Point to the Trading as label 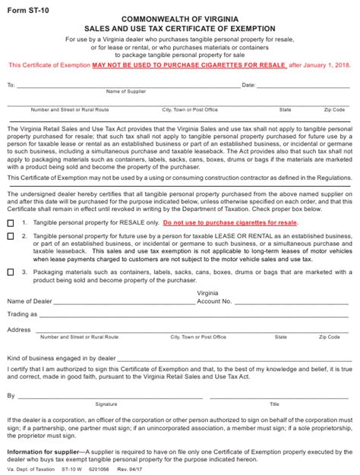tap(22, 313)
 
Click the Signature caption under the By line tap(106, 404)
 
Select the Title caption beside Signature tap(274, 404)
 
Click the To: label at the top tap(11, 85)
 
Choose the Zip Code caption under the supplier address tap(333, 109)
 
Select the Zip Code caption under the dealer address tap(330, 337)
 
